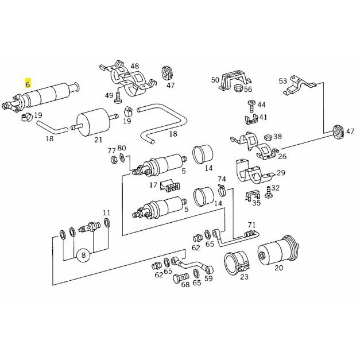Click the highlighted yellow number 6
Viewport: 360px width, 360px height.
[x=28, y=84]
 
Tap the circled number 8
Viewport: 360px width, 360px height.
[x=83, y=255]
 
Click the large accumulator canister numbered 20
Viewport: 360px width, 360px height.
[x=278, y=250]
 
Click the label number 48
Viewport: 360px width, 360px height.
[x=135, y=66]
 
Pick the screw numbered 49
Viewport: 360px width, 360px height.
[x=118, y=98]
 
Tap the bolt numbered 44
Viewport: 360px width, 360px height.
[x=251, y=106]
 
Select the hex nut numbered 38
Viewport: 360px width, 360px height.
[x=268, y=138]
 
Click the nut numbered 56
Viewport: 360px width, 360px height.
[x=238, y=88]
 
